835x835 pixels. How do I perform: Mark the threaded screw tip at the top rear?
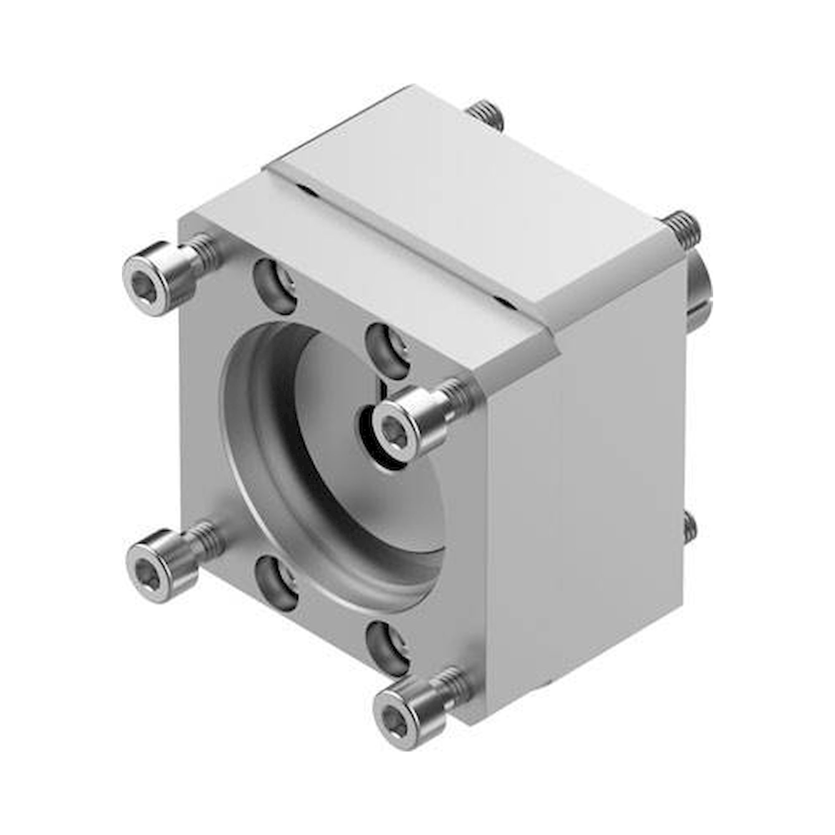point(486,115)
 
